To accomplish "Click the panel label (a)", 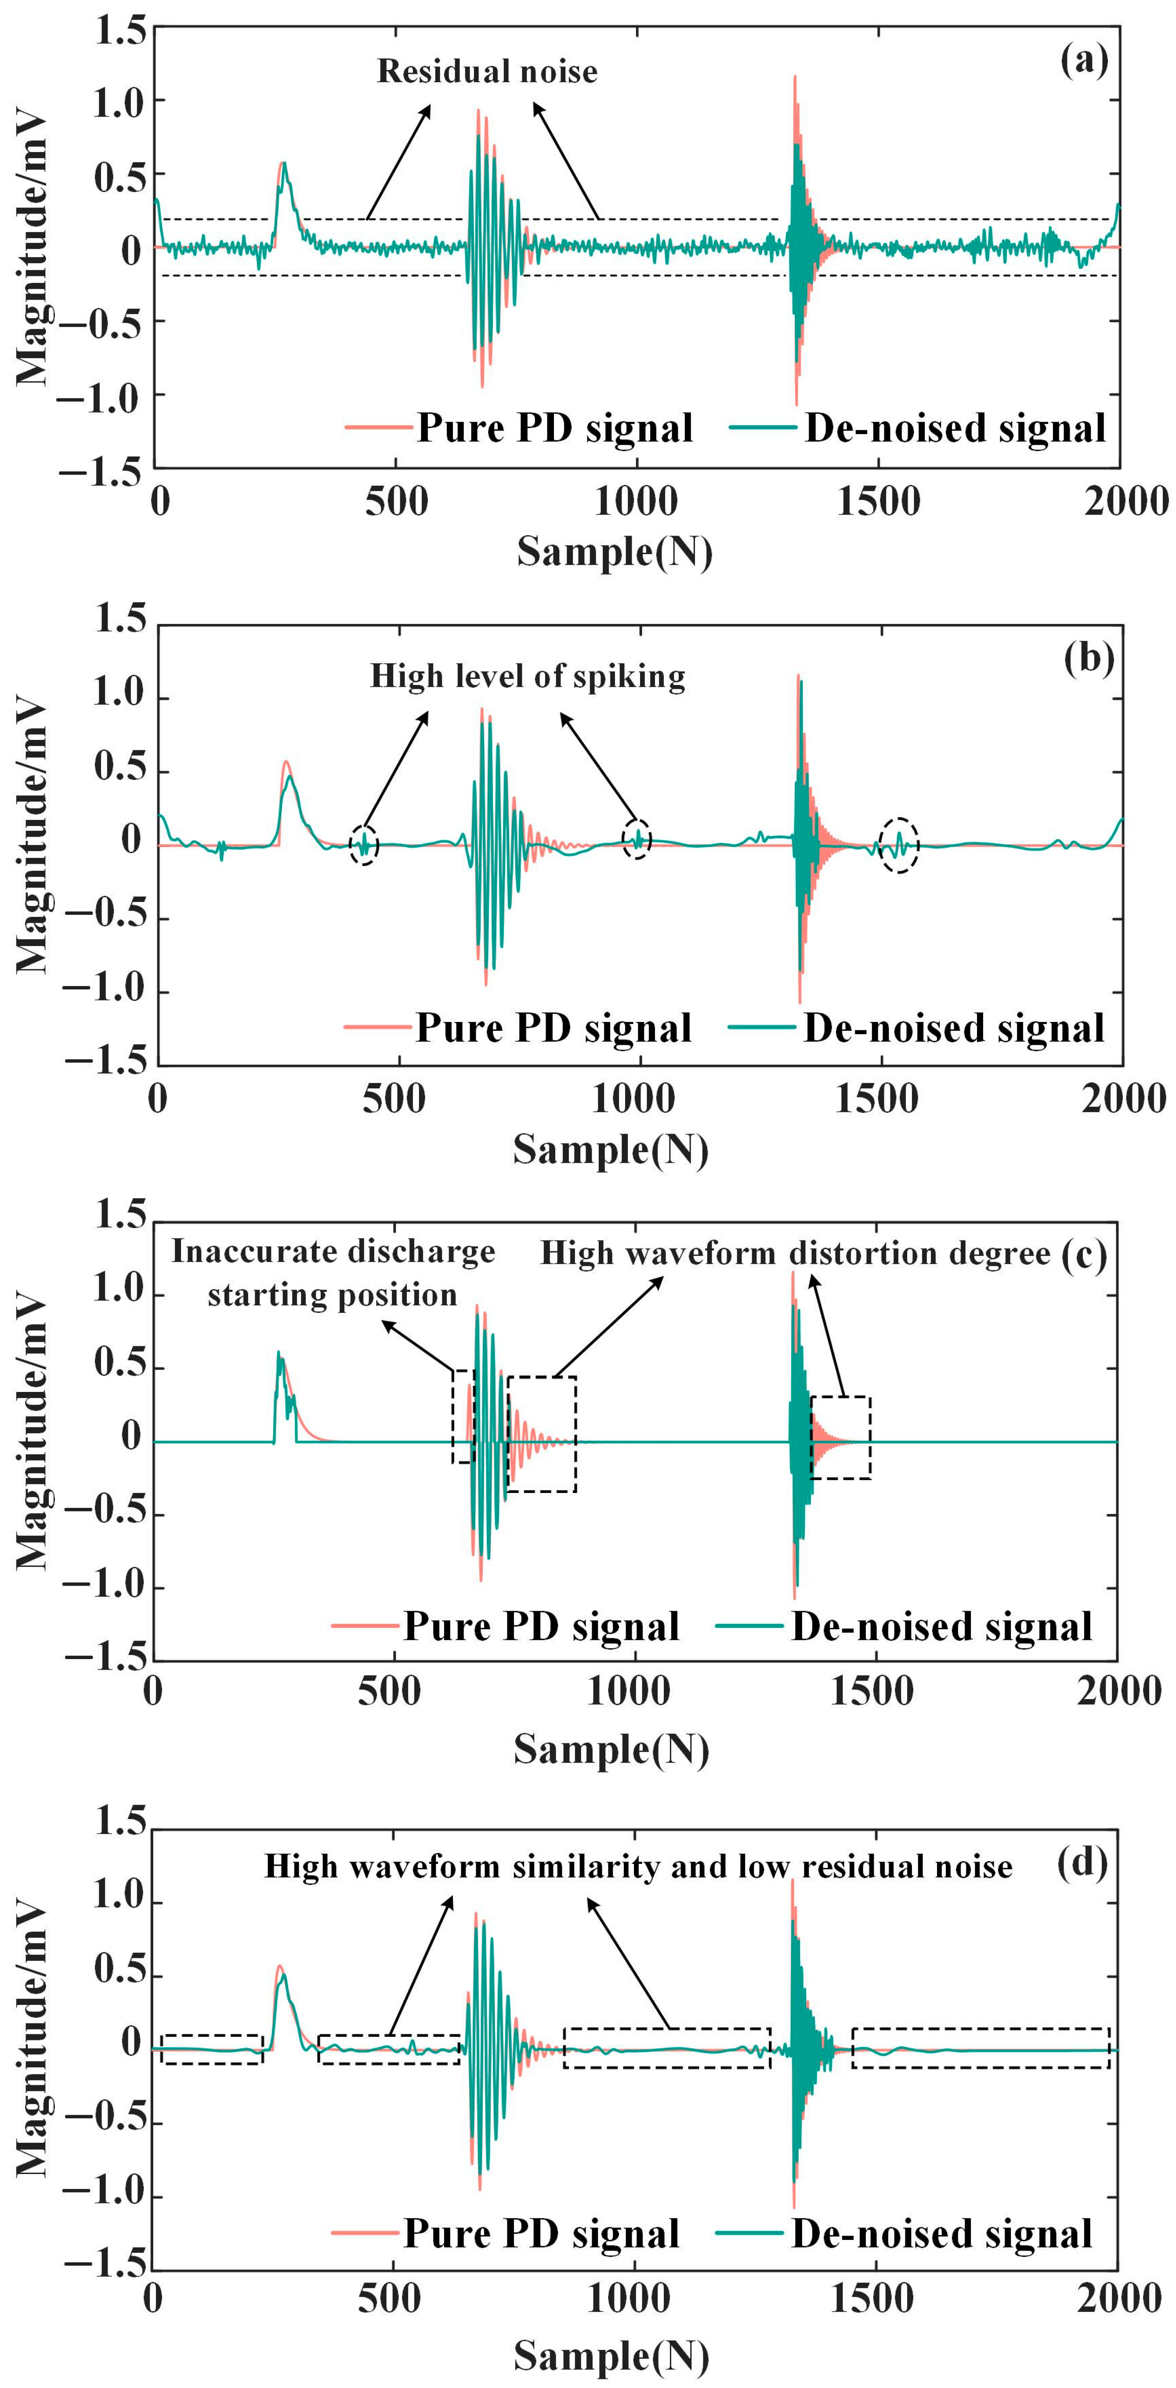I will pyautogui.click(x=1083, y=61).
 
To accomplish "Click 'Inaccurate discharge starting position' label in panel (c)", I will pyautogui.click(x=333, y=1273).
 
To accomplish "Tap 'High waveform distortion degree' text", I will pyautogui.click(x=795, y=1254).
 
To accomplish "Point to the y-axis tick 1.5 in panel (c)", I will pyautogui.click(x=120, y=1215).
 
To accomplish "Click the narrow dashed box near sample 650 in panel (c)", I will pyautogui.click(x=463, y=1417).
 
